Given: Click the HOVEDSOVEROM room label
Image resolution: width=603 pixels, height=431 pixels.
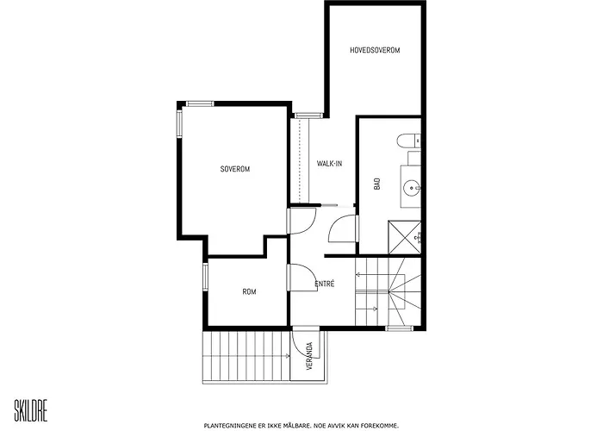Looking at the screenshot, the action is pos(375,50).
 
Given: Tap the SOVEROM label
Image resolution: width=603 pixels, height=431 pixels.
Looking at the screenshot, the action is pos(235,169).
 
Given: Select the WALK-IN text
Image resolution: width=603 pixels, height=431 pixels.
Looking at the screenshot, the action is pos(329,164).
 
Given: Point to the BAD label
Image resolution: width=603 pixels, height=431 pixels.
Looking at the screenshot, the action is pos(377,184).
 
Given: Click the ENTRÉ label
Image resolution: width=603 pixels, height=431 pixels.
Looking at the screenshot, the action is pos(325,284).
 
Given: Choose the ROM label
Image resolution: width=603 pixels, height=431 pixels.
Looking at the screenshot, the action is pos(249,291).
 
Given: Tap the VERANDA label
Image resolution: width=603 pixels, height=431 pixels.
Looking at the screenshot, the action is pos(310,356).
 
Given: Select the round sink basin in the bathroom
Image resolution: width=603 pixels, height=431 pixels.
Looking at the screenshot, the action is pos(412,189).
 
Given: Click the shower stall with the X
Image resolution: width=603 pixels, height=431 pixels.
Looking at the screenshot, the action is pos(405,237).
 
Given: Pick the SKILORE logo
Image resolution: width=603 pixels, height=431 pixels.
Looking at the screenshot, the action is pos(31,411).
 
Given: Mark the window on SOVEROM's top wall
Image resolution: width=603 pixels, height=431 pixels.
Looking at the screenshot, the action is pos(200,103).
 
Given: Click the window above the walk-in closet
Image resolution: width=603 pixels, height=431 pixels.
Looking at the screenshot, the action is pos(308,116).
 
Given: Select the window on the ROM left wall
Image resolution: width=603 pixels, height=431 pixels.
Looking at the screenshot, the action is pos(205,277).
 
